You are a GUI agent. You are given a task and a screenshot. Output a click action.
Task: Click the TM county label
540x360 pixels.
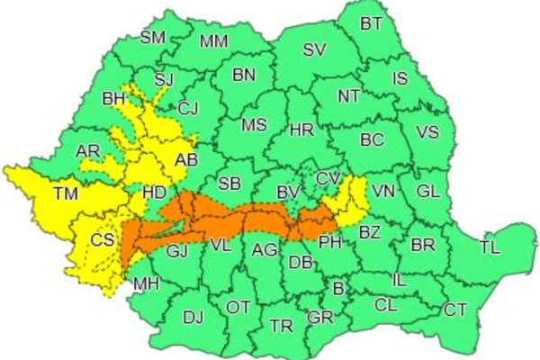pos(65,193)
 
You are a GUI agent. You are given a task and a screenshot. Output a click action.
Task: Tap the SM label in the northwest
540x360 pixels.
pos(155,38)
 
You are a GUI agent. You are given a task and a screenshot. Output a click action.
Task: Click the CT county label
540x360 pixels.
pos(454,310)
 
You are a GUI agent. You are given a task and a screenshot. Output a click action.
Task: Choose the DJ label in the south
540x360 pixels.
pos(193,316)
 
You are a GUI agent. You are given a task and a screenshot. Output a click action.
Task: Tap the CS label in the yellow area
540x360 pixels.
pos(103,240)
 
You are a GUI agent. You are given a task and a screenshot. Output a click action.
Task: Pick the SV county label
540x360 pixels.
pos(314,50)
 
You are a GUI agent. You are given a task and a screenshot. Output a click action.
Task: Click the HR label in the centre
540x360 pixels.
pos(301,130)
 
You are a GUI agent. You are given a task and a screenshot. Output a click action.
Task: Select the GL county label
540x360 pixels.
pos(429,191)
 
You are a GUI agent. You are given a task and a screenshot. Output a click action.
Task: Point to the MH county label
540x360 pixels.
pos(145,285)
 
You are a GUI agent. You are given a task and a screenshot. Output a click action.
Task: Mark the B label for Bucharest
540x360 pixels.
pos(337,288)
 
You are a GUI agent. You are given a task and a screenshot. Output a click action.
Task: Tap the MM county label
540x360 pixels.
pos(213,41)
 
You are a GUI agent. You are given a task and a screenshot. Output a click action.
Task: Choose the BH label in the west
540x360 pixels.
pos(114,98)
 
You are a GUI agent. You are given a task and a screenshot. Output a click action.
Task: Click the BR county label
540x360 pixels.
pos(422,245)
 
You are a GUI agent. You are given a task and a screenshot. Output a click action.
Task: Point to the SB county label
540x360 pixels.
pos(229,184)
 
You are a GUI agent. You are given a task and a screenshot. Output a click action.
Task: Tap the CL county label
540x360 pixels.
pos(386,305)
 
